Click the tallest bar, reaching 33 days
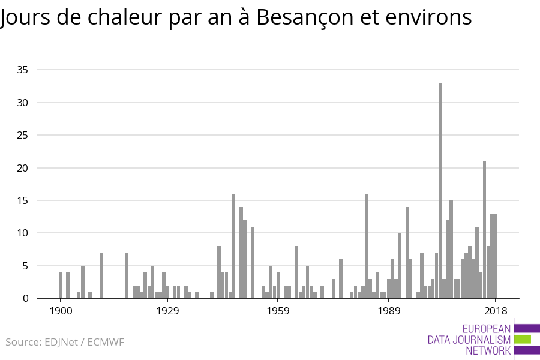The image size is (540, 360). [440, 190]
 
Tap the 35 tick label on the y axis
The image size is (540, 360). [23, 70]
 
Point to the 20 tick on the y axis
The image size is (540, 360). [23, 168]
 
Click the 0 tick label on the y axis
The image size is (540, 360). [26, 298]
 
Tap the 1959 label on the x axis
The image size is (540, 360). [278, 311]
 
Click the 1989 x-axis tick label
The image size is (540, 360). [389, 311]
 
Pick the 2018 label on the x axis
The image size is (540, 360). [496, 311]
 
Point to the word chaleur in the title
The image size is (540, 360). [125, 18]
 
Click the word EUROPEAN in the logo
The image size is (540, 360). [486, 329]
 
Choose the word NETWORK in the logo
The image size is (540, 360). [488, 351]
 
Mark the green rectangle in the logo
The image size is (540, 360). [523, 340]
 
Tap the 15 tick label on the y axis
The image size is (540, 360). [23, 200]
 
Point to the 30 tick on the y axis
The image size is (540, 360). [23, 103]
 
